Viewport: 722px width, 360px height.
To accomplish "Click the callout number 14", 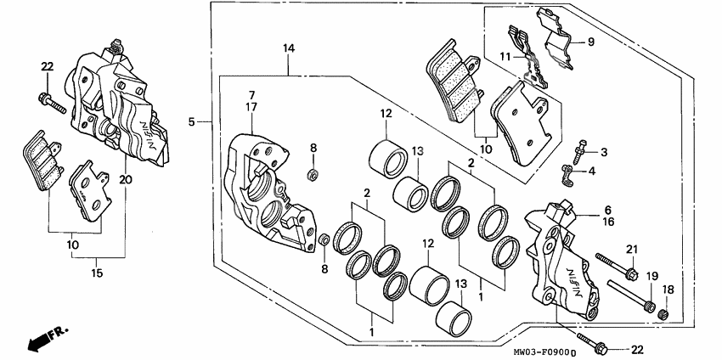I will pyautogui.click(x=289, y=50).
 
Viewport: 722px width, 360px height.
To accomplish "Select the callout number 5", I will pyautogui.click(x=192, y=122).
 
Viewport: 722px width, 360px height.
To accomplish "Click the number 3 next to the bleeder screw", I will pyautogui.click(x=604, y=152).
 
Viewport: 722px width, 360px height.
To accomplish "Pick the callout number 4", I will pyautogui.click(x=604, y=172).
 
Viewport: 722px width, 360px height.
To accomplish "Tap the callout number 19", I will pyautogui.click(x=653, y=277).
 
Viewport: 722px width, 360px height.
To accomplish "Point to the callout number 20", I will pyautogui.click(x=126, y=179).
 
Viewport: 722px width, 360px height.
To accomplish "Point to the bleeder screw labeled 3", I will pyautogui.click(x=580, y=150).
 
